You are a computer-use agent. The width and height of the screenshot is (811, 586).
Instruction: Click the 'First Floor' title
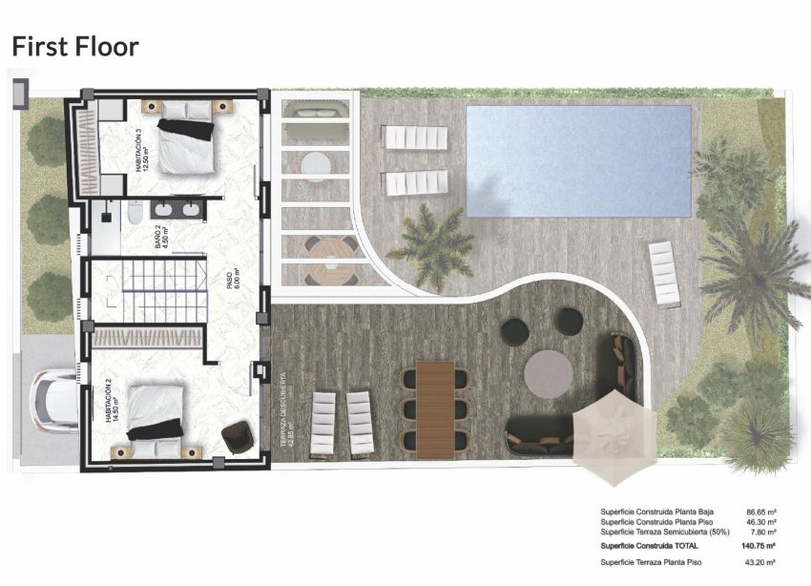click(x=74, y=46)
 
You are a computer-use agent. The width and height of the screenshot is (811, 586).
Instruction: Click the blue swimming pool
click(x=578, y=159)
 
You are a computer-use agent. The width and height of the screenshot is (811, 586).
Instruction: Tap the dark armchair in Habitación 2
click(x=237, y=437)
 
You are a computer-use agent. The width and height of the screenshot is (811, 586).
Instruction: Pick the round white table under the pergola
click(x=315, y=165)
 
